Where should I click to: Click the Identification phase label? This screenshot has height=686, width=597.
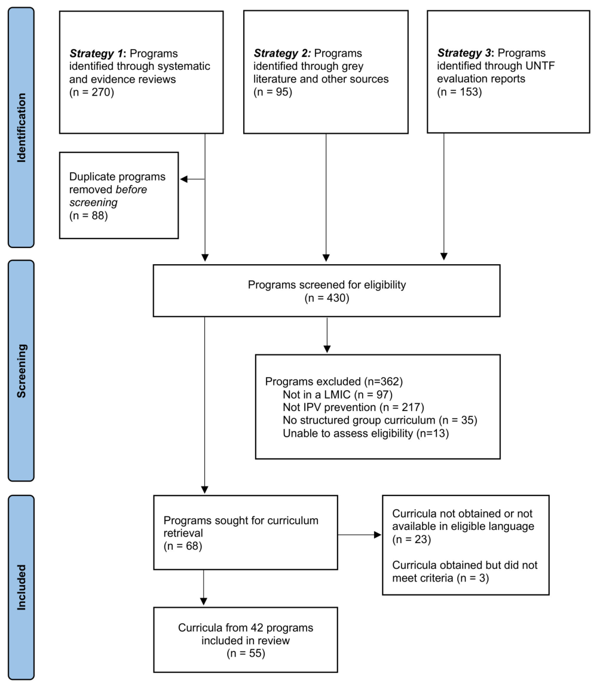[21, 128]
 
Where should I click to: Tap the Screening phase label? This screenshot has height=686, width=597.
[21, 371]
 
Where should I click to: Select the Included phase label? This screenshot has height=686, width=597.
[21, 587]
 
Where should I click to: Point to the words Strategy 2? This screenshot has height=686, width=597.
[282, 53]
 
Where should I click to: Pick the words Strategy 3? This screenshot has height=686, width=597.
[466, 53]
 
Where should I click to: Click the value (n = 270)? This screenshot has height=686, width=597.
[91, 92]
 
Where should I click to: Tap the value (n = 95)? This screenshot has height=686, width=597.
[273, 91]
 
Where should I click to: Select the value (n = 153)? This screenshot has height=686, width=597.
[459, 91]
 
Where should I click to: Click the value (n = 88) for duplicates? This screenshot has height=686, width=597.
[88, 215]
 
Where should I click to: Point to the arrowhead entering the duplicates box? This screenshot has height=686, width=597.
[184, 179]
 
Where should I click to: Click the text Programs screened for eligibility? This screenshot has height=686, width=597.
[327, 285]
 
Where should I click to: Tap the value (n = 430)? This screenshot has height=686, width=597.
[327, 298]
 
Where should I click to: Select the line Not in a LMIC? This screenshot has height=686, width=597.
[338, 394]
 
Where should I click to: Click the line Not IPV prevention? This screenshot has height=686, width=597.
[354, 408]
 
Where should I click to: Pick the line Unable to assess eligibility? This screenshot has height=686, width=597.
[366, 433]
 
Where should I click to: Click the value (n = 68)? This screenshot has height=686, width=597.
[182, 546]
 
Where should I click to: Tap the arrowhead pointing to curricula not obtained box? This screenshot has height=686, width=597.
[377, 535]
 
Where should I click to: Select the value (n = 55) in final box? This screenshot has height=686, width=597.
[246, 653]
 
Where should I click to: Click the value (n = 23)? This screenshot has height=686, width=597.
[411, 539]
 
